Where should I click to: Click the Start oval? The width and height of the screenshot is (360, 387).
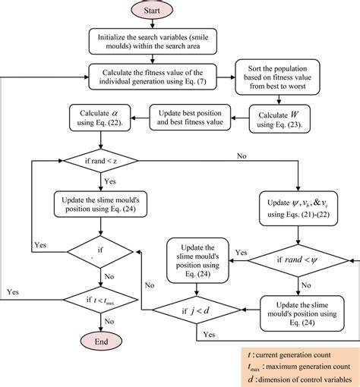[x=152, y=10]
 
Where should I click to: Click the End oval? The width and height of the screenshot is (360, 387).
[x=101, y=341]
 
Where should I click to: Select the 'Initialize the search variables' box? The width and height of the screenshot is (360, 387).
[x=153, y=42]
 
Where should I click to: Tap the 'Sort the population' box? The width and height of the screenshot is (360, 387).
[x=277, y=77]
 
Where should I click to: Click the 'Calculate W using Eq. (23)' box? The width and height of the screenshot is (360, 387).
[x=279, y=119]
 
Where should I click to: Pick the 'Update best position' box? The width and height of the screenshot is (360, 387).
[x=190, y=118]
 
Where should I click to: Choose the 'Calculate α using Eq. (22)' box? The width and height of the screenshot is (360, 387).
[x=100, y=118]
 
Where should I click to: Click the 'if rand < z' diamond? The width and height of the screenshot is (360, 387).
[x=101, y=161]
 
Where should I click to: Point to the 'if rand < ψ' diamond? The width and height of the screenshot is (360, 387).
[x=298, y=260]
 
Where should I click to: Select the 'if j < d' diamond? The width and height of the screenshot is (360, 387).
[x=197, y=310]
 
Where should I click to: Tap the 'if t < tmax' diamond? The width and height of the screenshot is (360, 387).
[x=101, y=300]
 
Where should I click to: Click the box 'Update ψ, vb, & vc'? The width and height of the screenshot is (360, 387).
[x=298, y=209]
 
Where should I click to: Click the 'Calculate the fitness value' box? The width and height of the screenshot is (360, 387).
[x=153, y=77]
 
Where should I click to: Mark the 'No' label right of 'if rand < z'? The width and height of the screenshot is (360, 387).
[x=242, y=156]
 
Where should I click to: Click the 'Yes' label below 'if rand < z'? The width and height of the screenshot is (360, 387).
[x=110, y=181]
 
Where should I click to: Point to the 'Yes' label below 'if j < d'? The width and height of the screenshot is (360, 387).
[x=209, y=335]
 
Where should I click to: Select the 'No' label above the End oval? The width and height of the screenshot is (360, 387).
[x=109, y=321]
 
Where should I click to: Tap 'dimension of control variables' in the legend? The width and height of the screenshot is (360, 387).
[x=305, y=379]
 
